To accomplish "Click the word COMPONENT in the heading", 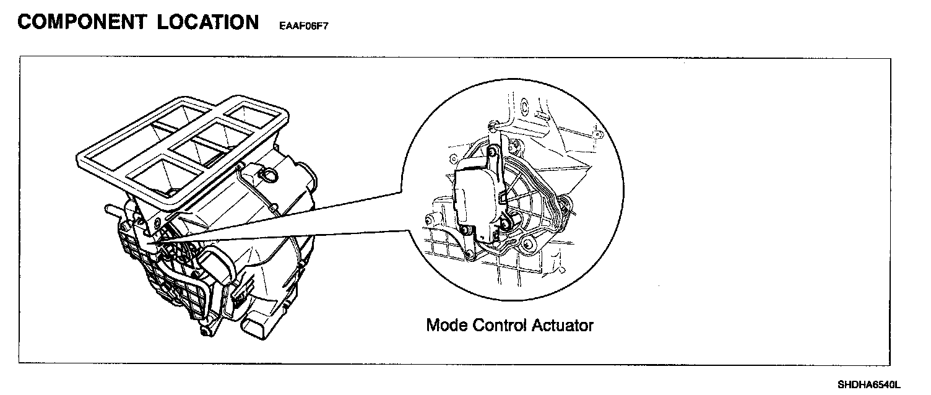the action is pos(81,22).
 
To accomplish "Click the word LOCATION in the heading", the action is pos(208,22).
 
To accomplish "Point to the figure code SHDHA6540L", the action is pos(869,384).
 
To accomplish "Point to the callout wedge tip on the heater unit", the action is pos(152,247).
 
